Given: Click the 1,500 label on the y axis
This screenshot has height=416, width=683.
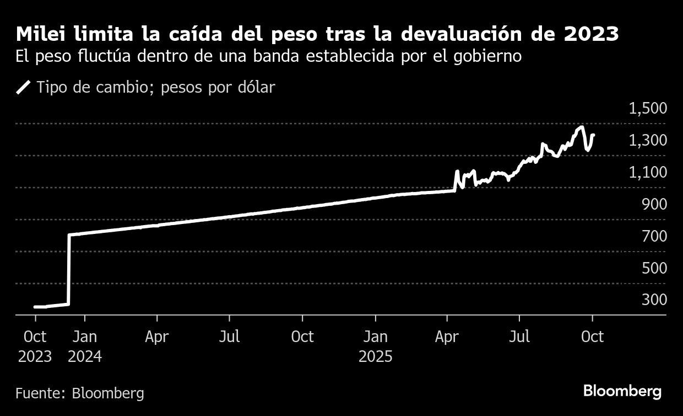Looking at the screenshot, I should (x=648, y=108).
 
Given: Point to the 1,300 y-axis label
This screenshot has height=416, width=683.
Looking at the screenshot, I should (x=648, y=140).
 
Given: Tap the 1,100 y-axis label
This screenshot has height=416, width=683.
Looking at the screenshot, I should (x=648, y=172).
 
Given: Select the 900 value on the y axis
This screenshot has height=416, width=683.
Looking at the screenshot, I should (x=653, y=204).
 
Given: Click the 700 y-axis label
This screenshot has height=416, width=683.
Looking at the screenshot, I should (x=653, y=236).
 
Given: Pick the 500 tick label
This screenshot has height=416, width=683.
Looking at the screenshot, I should (x=653, y=268).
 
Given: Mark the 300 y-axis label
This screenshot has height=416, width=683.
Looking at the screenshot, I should (x=653, y=300).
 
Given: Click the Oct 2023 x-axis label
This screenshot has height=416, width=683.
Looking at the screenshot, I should (x=35, y=346).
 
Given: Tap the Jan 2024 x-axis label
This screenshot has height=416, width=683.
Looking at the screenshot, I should (x=85, y=346).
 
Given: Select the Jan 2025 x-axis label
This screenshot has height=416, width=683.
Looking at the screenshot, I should (x=376, y=346).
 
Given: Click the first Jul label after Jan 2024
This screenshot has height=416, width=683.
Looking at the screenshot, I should (x=229, y=336).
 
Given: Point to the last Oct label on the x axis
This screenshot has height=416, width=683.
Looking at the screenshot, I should (x=592, y=336).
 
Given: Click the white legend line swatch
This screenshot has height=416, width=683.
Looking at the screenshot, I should (x=24, y=88).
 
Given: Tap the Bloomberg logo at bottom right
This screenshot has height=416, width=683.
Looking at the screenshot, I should (x=622, y=392).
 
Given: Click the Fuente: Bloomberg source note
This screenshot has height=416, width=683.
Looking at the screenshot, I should (x=80, y=393).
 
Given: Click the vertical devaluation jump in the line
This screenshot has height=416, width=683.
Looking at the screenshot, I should (x=69, y=270).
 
